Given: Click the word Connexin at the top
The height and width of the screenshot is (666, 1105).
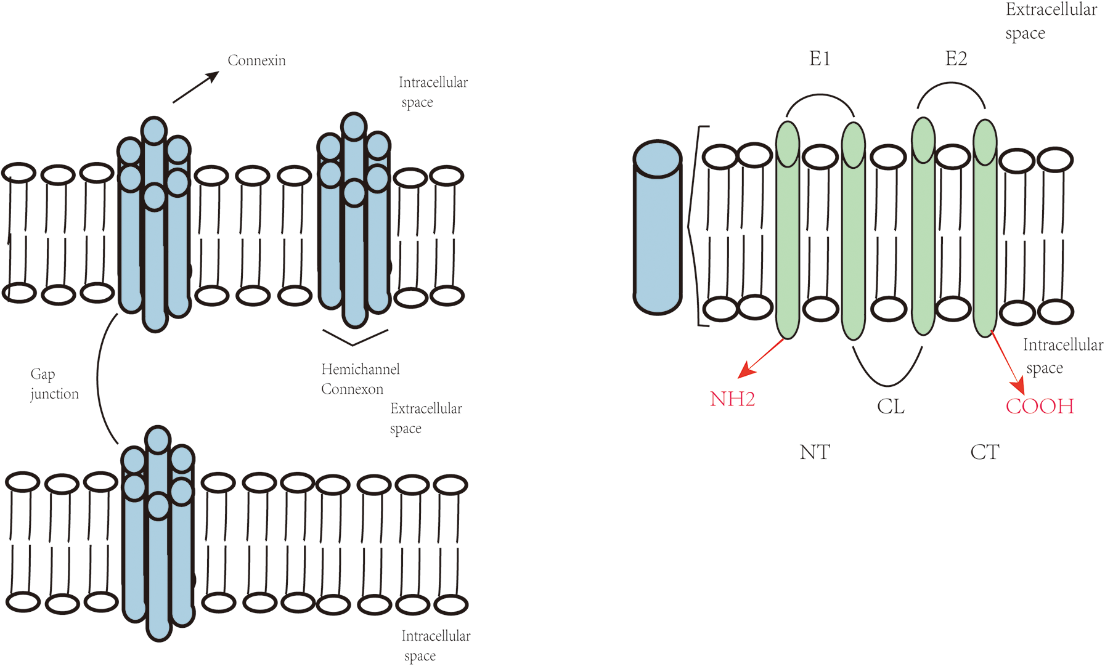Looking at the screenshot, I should click(256, 60).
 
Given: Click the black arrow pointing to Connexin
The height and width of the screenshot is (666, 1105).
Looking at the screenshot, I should click(196, 87).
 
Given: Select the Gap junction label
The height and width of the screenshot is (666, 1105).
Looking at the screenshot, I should click(54, 384).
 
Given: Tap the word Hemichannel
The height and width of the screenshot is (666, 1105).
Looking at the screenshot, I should click(361, 370).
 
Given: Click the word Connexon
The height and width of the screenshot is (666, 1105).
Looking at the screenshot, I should click(352, 389).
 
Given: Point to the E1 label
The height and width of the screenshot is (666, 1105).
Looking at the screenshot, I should click(820, 59).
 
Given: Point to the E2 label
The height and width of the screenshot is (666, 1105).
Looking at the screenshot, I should click(956, 59).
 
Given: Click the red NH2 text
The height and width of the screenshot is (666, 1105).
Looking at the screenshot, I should click(732, 399).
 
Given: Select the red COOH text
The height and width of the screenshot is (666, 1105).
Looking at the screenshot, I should click(1040, 407).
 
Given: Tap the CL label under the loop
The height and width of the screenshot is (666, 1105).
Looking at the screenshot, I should click(891, 407).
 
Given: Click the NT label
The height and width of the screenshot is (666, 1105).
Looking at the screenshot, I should click(815, 452).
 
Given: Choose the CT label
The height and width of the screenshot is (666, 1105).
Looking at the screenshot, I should click(984, 452).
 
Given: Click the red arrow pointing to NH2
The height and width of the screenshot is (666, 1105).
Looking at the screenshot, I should click(761, 358).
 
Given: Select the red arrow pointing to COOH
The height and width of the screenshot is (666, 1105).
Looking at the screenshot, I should click(1007, 363).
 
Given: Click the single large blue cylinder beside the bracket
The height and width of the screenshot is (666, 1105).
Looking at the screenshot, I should click(658, 228).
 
